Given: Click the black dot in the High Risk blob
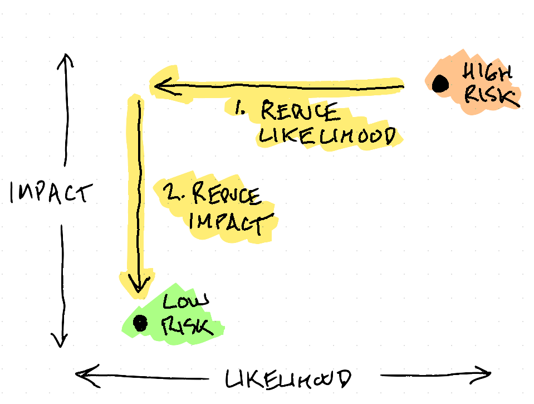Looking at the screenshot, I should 440,84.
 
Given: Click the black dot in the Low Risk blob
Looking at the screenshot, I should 140,323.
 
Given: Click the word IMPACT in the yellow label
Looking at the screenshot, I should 225,222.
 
